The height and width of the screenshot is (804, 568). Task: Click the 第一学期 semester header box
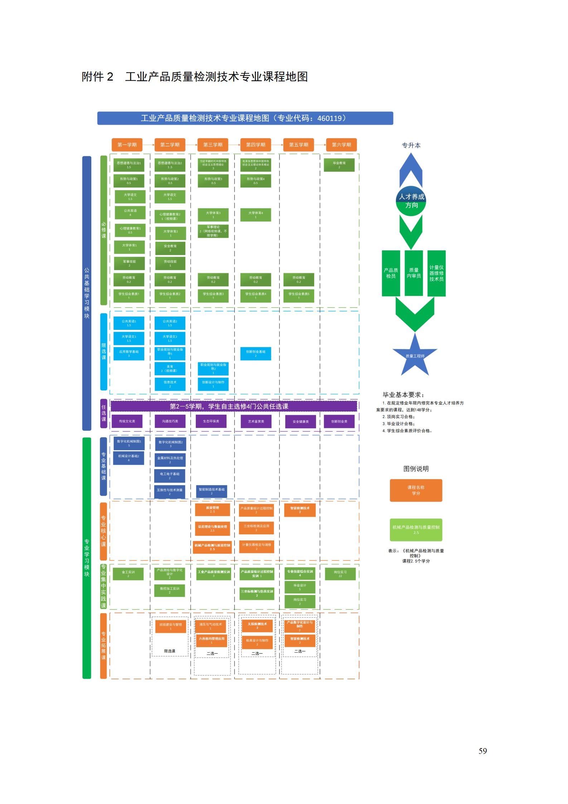[x=127, y=145]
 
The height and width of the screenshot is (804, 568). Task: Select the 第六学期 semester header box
[x=341, y=145]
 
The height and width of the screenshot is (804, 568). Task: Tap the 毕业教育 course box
[x=339, y=165]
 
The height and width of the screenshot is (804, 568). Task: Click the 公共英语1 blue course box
[x=129, y=323]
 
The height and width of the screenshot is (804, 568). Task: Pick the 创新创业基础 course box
[x=256, y=353]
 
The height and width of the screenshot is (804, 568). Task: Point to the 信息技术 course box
[x=170, y=384]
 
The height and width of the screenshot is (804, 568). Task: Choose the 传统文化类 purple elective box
[x=127, y=421]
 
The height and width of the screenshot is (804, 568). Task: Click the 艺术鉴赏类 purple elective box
[x=256, y=422]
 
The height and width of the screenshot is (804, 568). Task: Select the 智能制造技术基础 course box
[x=212, y=491]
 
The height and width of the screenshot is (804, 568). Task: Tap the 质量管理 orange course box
[x=212, y=509]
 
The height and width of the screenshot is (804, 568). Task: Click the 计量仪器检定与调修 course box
[x=256, y=547]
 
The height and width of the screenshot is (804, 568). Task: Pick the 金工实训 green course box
[x=128, y=574]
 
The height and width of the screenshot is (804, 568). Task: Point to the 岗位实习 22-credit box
[x=340, y=574]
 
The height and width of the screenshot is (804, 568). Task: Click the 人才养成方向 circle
[x=411, y=201]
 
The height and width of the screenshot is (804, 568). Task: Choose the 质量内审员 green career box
[x=413, y=273]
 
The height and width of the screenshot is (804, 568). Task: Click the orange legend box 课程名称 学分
[x=416, y=490]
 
